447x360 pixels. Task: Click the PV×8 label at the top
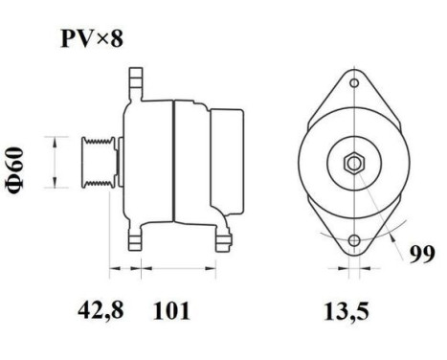pyautogui.click(x=90, y=39)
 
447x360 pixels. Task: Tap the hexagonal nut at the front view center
pyautogui.click(x=354, y=162)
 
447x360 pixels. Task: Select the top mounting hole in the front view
pyautogui.click(x=354, y=85)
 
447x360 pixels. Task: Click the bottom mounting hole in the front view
pyautogui.click(x=354, y=239)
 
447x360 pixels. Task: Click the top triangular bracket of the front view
pyautogui.click(x=354, y=91)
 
